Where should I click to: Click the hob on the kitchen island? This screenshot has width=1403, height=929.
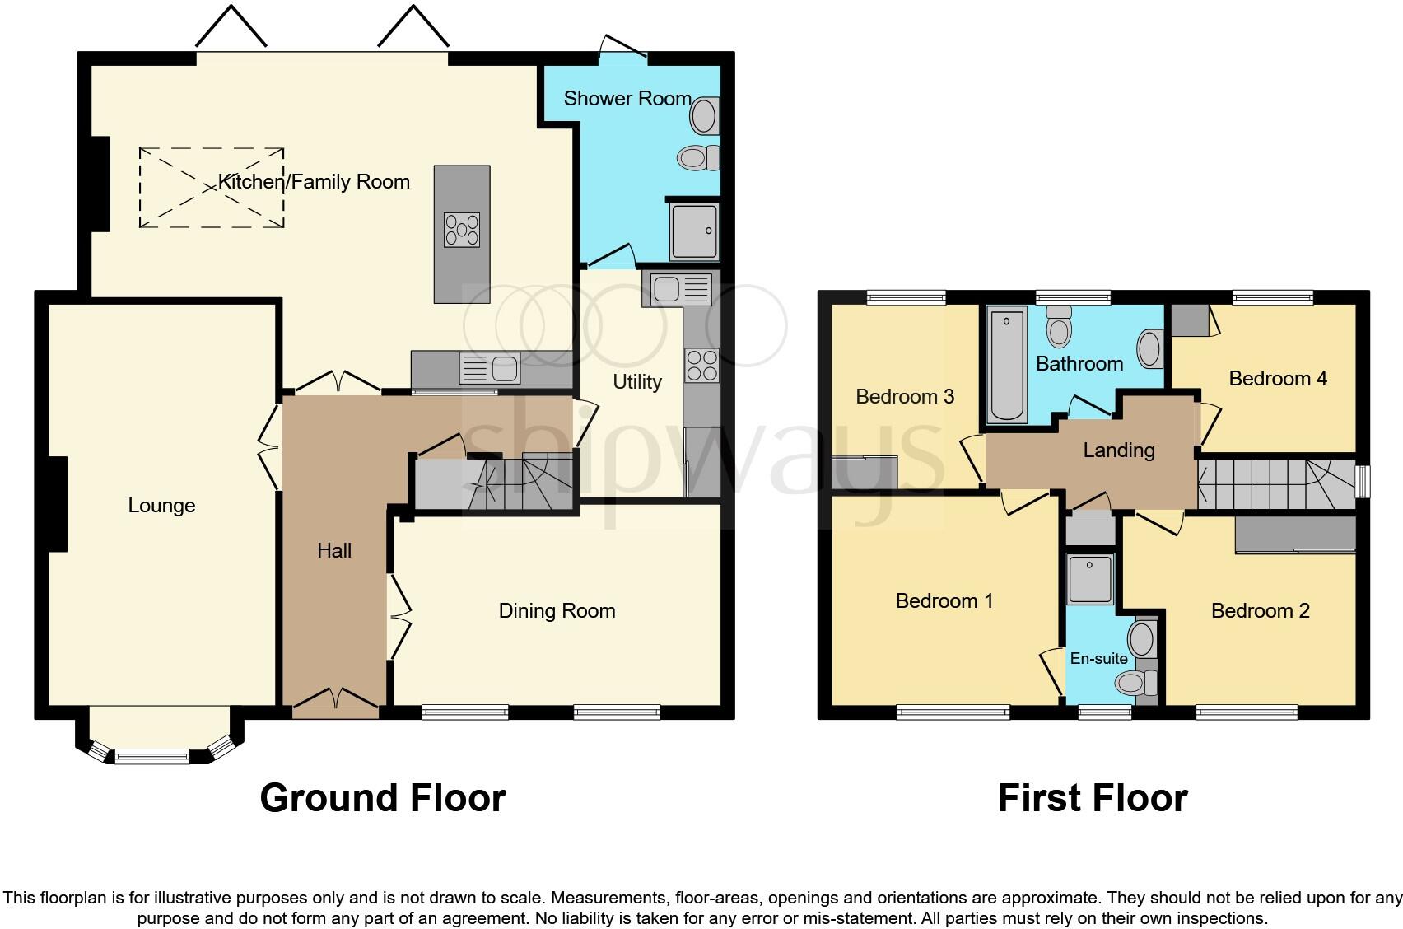(x=462, y=230)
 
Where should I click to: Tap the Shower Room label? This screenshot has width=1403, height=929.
(x=627, y=99)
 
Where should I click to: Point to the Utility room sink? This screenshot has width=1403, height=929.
(x=680, y=290)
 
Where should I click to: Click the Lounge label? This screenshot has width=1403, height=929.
(x=161, y=506)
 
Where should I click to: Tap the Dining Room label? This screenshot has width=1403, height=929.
(x=557, y=611)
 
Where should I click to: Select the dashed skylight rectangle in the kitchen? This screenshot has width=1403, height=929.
(x=212, y=188)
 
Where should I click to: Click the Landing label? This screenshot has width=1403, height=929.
(x=1118, y=450)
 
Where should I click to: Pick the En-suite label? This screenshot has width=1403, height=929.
(x=1098, y=659)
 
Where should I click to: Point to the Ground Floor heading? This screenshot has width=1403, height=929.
(x=382, y=798)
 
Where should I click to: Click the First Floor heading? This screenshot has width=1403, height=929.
(x=1092, y=798)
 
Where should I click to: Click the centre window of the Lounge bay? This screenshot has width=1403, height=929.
(x=152, y=755)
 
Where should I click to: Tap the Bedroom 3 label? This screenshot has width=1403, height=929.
(x=904, y=397)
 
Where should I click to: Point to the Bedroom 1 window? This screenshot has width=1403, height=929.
(x=953, y=712)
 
